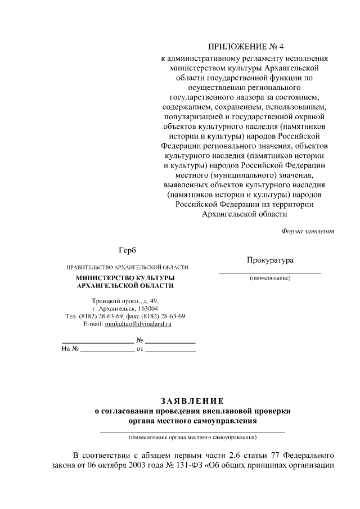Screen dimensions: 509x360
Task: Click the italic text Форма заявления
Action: [307, 231]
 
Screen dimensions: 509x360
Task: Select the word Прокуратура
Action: [269, 260]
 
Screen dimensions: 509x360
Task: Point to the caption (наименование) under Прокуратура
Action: [270, 278]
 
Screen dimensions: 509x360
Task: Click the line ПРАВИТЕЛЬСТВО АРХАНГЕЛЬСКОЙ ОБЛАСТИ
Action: [127, 267]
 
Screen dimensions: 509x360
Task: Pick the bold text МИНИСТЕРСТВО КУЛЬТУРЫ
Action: [125, 278]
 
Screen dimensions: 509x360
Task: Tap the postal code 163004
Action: [148, 309]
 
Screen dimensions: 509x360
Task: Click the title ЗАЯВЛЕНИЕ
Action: [192, 401]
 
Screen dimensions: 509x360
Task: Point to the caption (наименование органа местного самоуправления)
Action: [192, 437]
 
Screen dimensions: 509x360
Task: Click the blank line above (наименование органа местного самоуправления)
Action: [192, 431]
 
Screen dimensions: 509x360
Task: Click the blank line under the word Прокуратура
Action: [270, 272]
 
